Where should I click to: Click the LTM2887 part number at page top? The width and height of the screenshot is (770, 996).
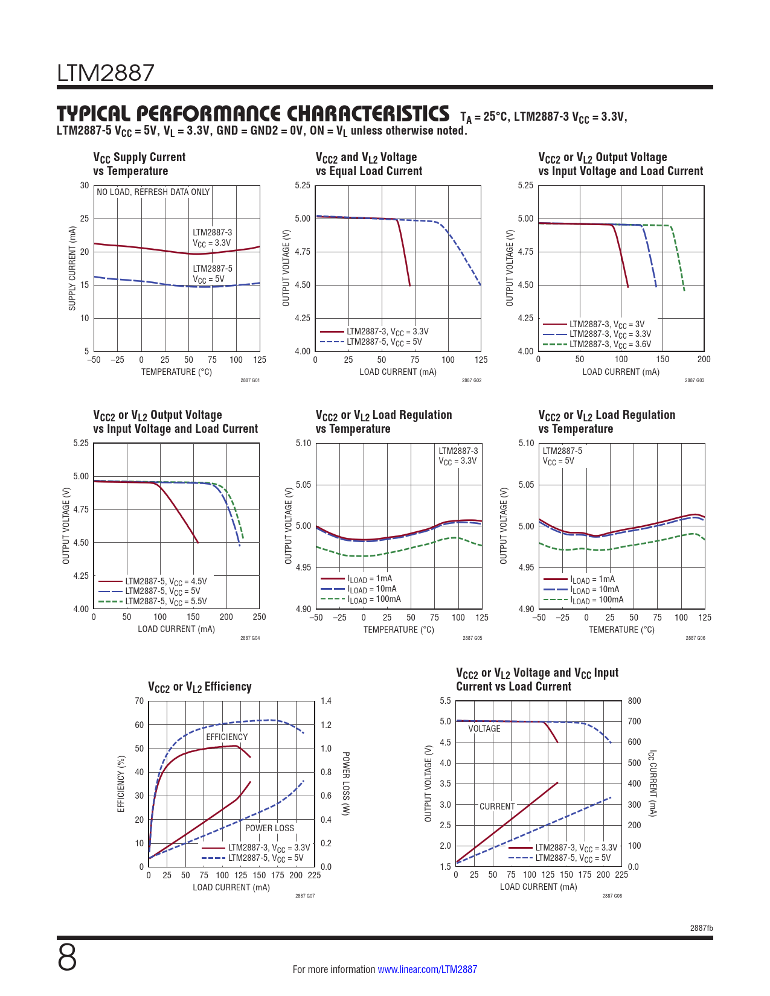[x=106, y=73]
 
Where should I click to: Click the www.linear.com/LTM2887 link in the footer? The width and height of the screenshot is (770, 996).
[x=427, y=969]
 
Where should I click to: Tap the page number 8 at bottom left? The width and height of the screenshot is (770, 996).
[x=67, y=958]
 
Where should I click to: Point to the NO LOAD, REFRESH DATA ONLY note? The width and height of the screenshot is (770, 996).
[x=153, y=192]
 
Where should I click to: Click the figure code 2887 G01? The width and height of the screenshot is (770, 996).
[x=250, y=380]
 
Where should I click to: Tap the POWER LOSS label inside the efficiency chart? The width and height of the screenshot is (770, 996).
[x=269, y=828]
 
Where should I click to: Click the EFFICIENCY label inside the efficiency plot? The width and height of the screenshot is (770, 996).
[x=226, y=737]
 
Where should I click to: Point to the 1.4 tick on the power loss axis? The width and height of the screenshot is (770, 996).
[x=326, y=701]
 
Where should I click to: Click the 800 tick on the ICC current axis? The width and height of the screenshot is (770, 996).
[x=634, y=701]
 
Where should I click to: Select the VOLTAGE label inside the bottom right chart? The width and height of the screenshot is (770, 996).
[x=484, y=729]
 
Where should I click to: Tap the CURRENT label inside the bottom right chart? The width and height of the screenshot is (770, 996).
[x=497, y=806]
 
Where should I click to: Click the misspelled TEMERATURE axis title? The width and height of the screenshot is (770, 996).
[x=621, y=630]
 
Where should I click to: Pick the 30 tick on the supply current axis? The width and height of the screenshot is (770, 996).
[x=85, y=185]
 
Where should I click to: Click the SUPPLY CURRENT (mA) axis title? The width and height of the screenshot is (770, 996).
[x=72, y=269]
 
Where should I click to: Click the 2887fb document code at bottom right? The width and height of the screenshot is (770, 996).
[x=701, y=928]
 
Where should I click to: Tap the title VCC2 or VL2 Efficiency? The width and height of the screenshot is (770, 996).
[x=200, y=687]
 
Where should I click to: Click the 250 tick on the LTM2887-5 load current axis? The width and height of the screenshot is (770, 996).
[x=259, y=617]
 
